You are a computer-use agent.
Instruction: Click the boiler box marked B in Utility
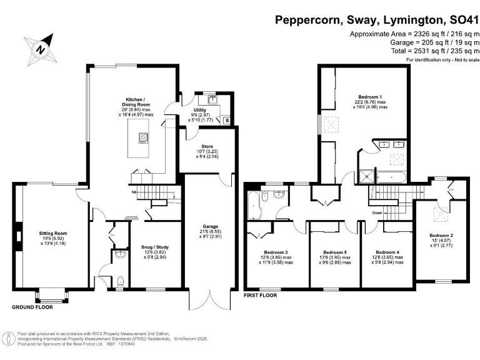[226, 119]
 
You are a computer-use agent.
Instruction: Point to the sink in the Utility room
[212, 98]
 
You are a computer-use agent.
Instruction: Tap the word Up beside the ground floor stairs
[134, 192]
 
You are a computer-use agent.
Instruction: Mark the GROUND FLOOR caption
[32, 307]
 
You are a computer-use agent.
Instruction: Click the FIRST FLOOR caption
[261, 294]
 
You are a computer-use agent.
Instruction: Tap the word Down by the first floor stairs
[377, 212]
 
